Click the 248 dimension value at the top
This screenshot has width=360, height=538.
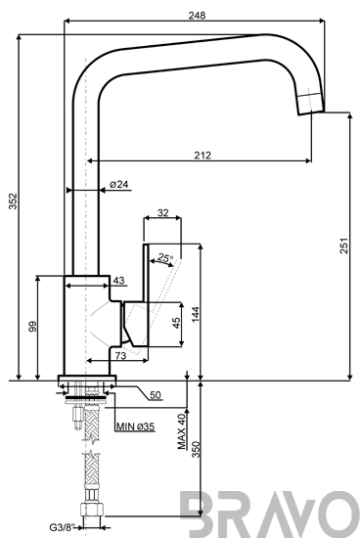pos(197,16)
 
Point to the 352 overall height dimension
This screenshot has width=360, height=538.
pos(13,202)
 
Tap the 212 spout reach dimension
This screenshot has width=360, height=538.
pos(202,156)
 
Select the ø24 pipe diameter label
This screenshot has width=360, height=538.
pos(118,184)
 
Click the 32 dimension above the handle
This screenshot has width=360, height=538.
pos(163,212)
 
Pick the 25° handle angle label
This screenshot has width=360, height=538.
pos(165,257)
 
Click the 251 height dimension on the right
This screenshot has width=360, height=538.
pos(344,246)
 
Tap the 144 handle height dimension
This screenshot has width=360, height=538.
pos(195,314)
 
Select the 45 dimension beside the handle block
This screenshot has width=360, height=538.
pos(176,323)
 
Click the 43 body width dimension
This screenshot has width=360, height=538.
pos(118,281)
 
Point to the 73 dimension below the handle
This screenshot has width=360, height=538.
pos(120,356)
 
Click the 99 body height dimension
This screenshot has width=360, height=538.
pos(33,327)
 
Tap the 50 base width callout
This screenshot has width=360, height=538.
pos(156,395)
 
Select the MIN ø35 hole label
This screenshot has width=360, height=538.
pos(135,426)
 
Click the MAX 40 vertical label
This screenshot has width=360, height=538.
pos(182,431)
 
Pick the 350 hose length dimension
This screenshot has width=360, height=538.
pos(196,449)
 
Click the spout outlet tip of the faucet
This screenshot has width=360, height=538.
pos(311,112)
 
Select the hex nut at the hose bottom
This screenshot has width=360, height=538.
pos(92,509)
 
